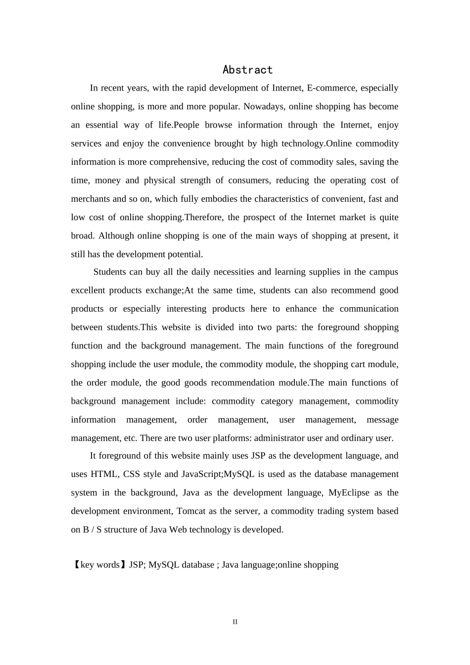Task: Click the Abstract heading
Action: (247, 70)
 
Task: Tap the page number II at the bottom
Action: (235, 622)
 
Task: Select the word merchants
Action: (91, 199)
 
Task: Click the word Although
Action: (116, 236)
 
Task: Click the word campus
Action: (384, 272)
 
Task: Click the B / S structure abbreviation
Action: (93, 530)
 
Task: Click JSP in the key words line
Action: (137, 565)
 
